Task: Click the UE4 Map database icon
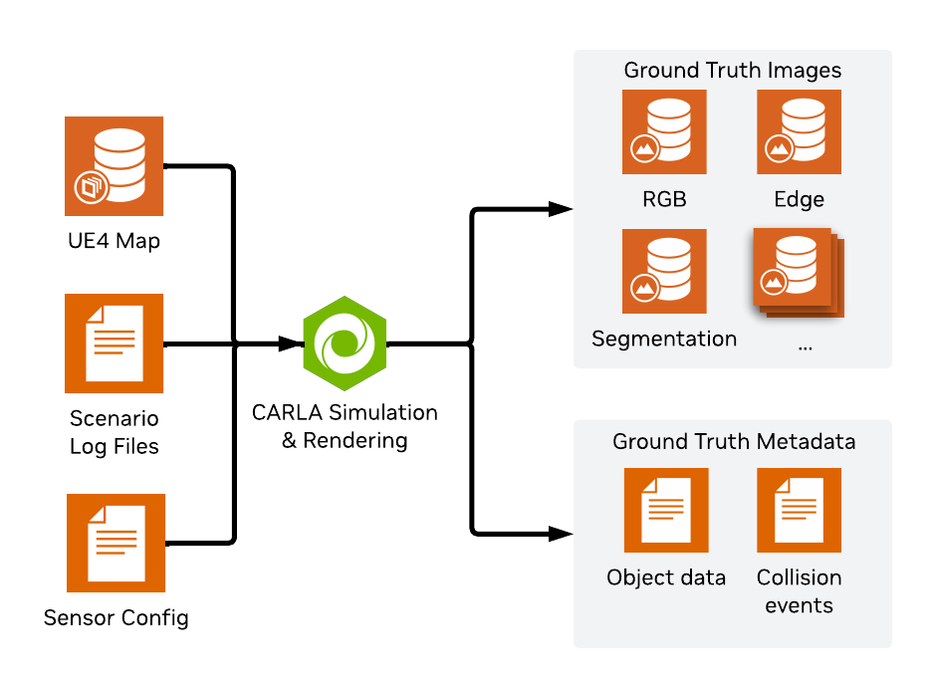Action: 114,166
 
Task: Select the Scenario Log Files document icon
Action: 114,343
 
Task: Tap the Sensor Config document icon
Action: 116,543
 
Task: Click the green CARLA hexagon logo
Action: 345,344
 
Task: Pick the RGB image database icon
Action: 664,131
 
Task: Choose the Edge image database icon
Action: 799,131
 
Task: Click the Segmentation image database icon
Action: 664,271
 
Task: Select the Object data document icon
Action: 666,510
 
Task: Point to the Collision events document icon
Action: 799,510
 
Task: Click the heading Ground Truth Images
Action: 732,71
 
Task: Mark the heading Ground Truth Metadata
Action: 734,441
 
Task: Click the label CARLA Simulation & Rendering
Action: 345,426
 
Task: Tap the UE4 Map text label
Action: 114,240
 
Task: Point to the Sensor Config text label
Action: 116,618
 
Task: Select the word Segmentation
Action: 664,339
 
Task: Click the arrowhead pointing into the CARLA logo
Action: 291,344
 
